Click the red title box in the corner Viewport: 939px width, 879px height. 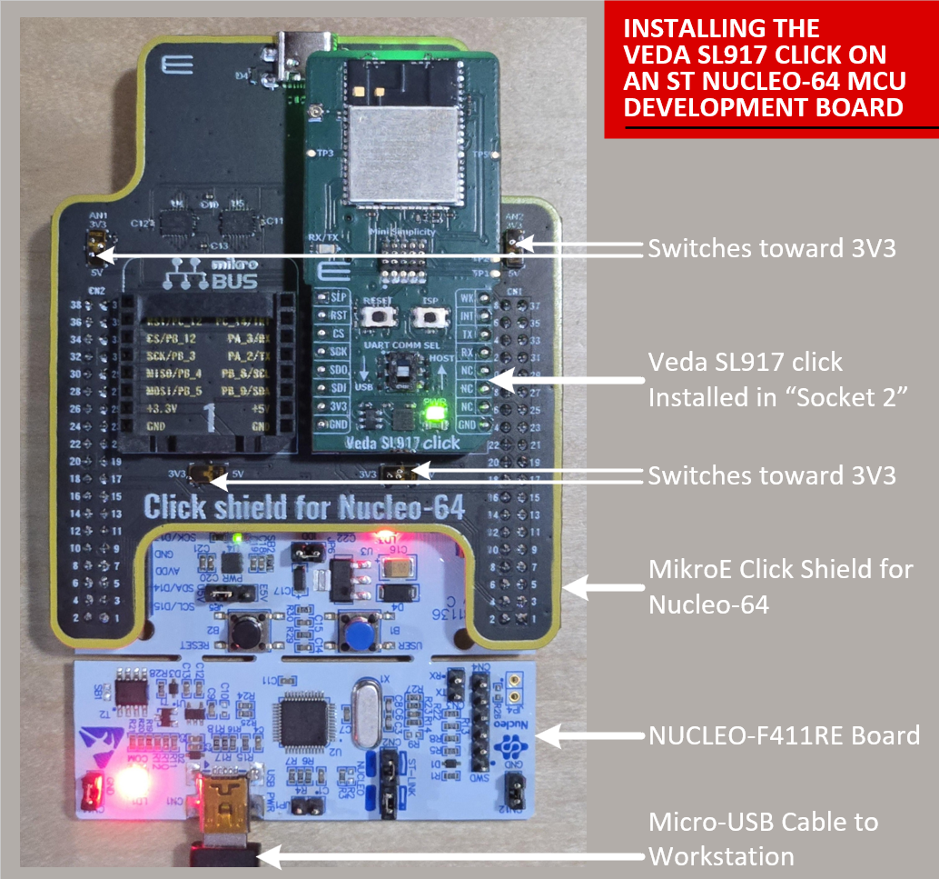click(771, 69)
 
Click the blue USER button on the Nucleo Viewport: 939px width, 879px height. click(354, 629)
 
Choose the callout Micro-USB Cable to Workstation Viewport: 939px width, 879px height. click(763, 838)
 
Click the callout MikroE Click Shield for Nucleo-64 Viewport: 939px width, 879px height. click(780, 586)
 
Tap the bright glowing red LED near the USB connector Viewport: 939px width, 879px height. click(133, 784)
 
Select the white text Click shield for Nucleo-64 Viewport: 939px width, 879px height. click(304, 506)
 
